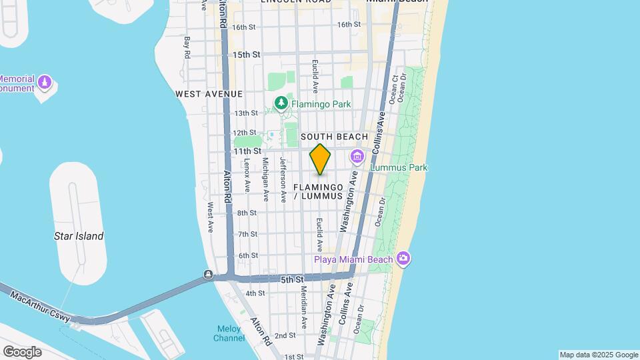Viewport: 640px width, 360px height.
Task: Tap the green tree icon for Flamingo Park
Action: (x=281, y=103)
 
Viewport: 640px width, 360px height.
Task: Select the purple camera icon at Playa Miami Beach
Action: (x=403, y=258)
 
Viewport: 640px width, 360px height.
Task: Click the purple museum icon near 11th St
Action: (x=357, y=157)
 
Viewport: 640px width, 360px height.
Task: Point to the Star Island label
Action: (x=79, y=236)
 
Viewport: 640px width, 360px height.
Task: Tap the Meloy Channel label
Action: (x=229, y=333)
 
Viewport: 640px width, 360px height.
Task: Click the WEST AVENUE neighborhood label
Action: (x=209, y=95)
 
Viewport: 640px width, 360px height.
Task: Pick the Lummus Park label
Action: (x=399, y=168)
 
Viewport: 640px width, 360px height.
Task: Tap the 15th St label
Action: (x=246, y=54)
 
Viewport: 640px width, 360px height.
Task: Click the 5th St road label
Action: (x=292, y=279)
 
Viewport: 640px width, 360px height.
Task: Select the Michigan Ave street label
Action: (x=265, y=179)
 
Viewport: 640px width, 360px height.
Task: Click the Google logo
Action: (x=22, y=351)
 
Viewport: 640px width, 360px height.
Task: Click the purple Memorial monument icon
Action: (x=45, y=83)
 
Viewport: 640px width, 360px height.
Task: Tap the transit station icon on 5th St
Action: (x=209, y=275)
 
